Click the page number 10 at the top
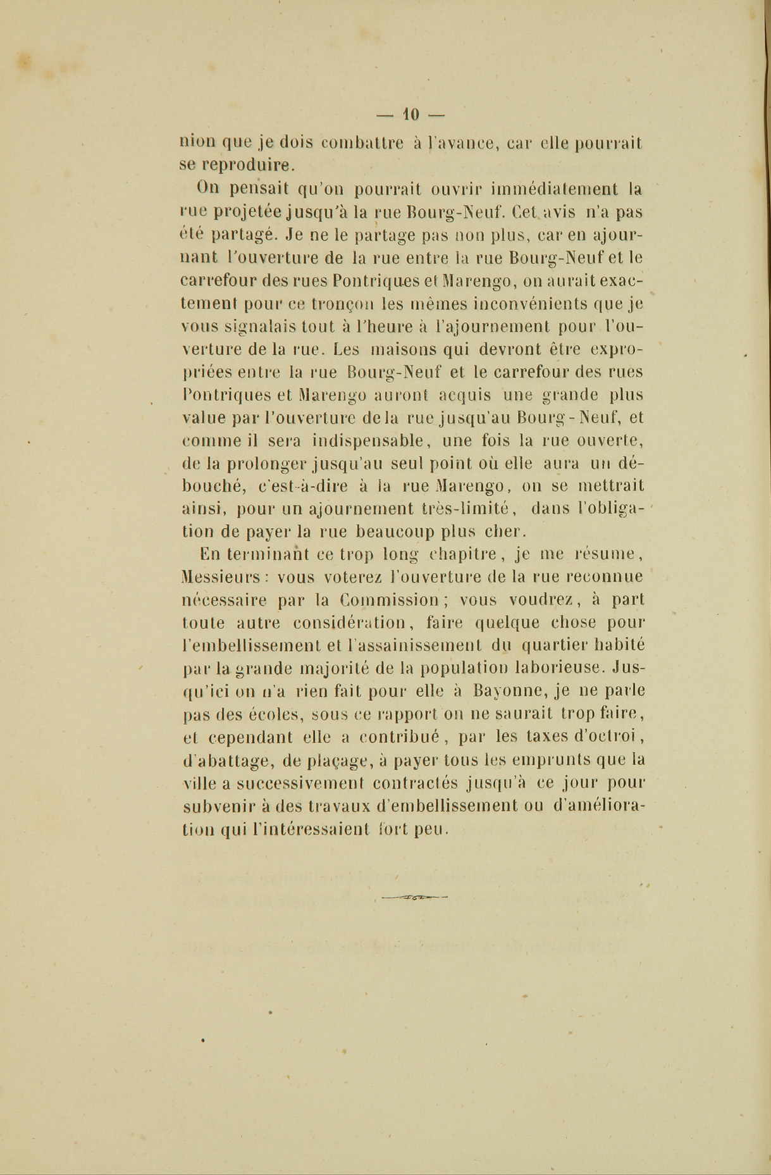pyautogui.click(x=410, y=115)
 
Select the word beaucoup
pyautogui.click(x=392, y=531)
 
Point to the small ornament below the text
pyautogui.click(x=414, y=896)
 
